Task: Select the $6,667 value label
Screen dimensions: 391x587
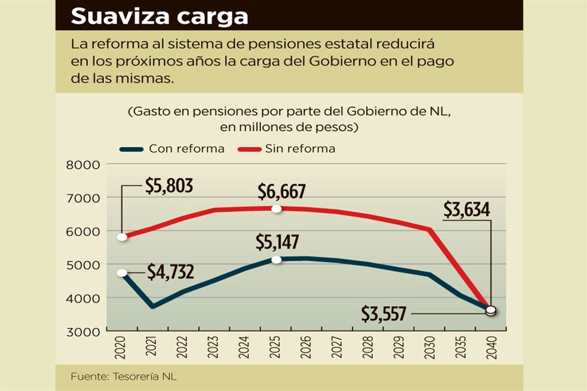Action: coord(281,191)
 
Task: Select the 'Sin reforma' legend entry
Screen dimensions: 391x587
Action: coord(300,148)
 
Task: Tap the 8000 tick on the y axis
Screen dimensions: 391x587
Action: coord(86,164)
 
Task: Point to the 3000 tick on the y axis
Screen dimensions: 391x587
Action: coord(86,332)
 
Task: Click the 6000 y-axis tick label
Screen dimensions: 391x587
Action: coord(86,232)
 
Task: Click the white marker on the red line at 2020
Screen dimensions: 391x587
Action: coord(122,237)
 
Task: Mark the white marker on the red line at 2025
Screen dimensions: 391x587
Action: coord(276,209)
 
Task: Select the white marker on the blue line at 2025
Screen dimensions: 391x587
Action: coord(276,260)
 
